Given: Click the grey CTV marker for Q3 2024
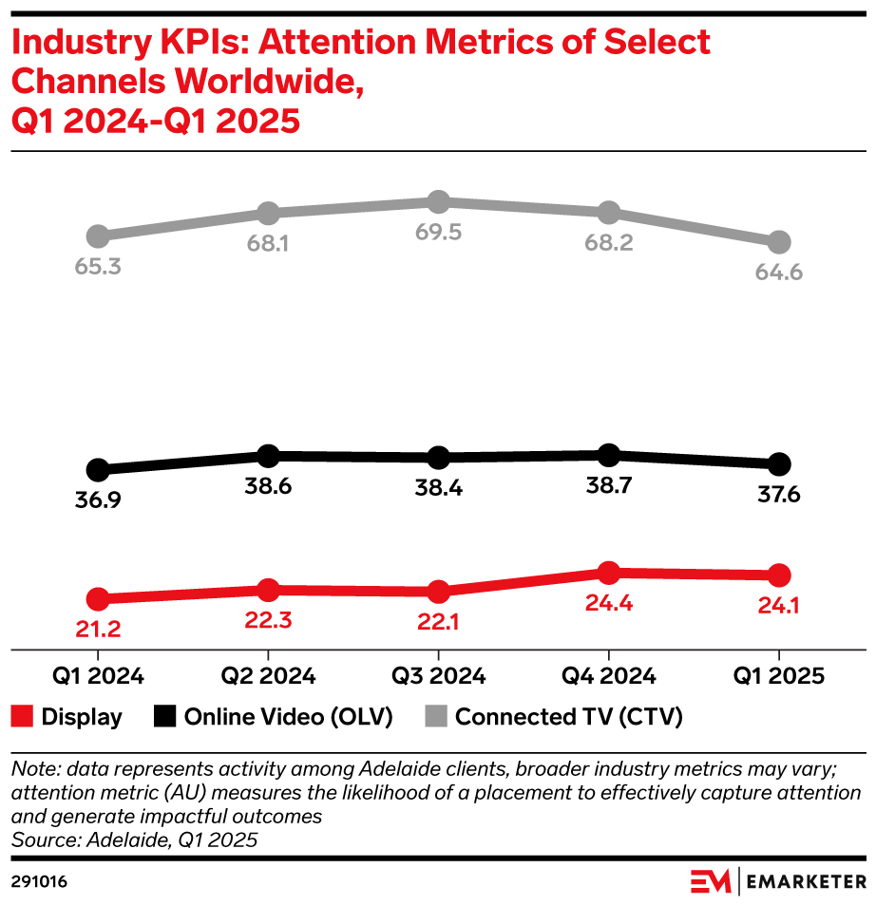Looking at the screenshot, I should coord(438,201).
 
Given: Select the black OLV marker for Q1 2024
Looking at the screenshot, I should coord(97,469).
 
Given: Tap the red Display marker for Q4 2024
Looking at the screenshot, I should coord(609,573).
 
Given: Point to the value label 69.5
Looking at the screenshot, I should coord(438,233).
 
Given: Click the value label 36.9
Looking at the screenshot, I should coord(97,500).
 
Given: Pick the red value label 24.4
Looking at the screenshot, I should coord(609,603).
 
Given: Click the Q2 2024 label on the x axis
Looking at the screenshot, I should coord(268,677).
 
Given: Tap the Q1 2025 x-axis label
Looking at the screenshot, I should coord(779,677).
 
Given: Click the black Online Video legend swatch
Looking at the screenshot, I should coord(164,717).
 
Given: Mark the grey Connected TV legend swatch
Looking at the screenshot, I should coord(436,717).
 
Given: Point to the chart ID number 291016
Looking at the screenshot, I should coord(39,881).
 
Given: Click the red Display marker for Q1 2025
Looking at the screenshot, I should coord(779,575).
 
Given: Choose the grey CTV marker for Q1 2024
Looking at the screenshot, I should coord(97,236).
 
